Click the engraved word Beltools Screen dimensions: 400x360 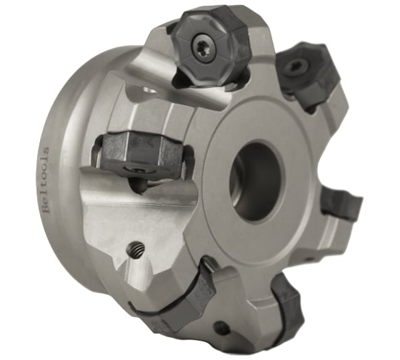pos(46,179)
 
